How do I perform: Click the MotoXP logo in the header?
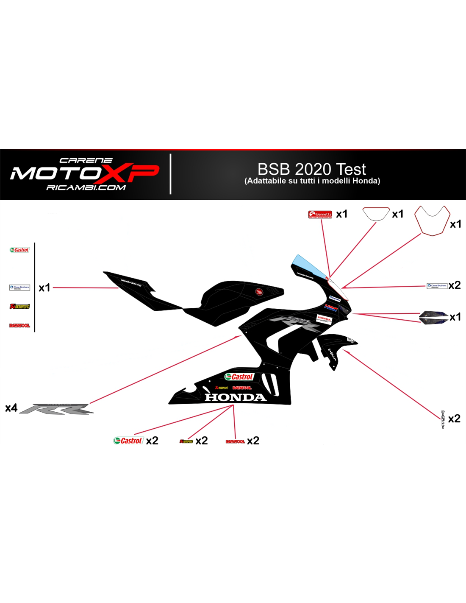pyautogui.click(x=85, y=173)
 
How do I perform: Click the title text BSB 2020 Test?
pyautogui.click(x=311, y=169)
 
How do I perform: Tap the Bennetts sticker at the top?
pyautogui.click(x=320, y=215)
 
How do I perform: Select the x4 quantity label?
pyautogui.click(x=11, y=408)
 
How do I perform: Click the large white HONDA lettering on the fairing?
pyautogui.click(x=235, y=397)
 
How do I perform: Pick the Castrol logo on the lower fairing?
pyautogui.click(x=239, y=377)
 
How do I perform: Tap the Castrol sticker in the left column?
pyautogui.click(x=19, y=250)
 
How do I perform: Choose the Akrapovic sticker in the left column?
pyautogui.click(x=19, y=306)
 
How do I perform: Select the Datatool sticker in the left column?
pyautogui.click(x=19, y=326)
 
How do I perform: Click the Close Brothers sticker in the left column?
pyautogui.click(x=19, y=288)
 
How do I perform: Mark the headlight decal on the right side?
pyautogui.click(x=433, y=317)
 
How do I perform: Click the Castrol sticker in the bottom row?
pyautogui.click(x=128, y=441)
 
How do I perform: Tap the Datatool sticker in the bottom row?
pyautogui.click(x=235, y=441)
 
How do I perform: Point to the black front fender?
pyautogui.click(x=337, y=346)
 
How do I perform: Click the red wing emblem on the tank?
pyautogui.click(x=258, y=292)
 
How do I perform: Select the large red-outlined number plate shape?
pyautogui.click(x=432, y=221)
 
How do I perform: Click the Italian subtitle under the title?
pyautogui.click(x=312, y=181)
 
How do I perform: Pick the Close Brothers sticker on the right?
pyautogui.click(x=437, y=286)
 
